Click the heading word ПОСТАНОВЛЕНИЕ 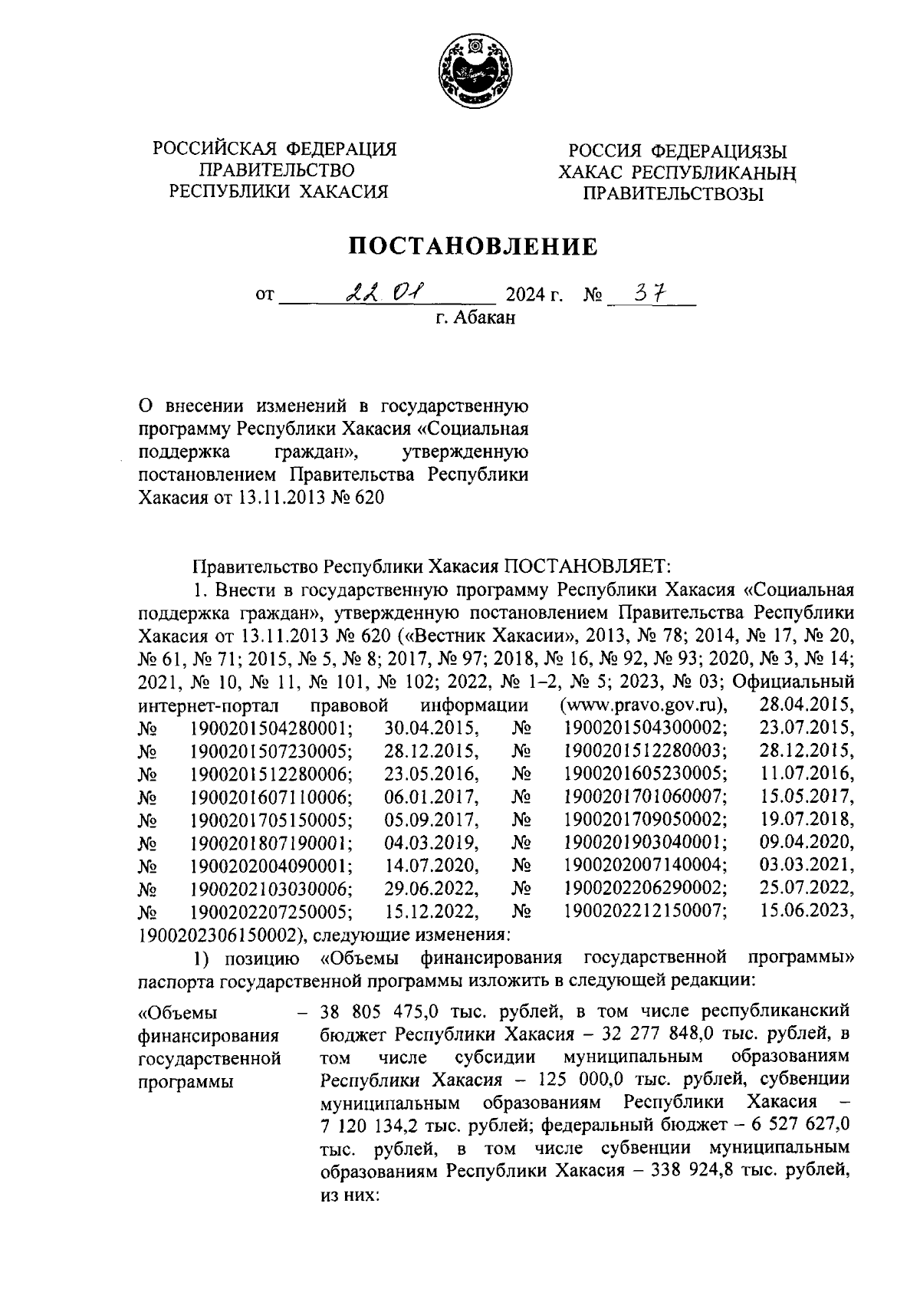click(x=473, y=246)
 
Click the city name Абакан click(x=485, y=317)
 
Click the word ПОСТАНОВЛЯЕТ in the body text click(x=586, y=567)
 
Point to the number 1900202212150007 click(x=646, y=912)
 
